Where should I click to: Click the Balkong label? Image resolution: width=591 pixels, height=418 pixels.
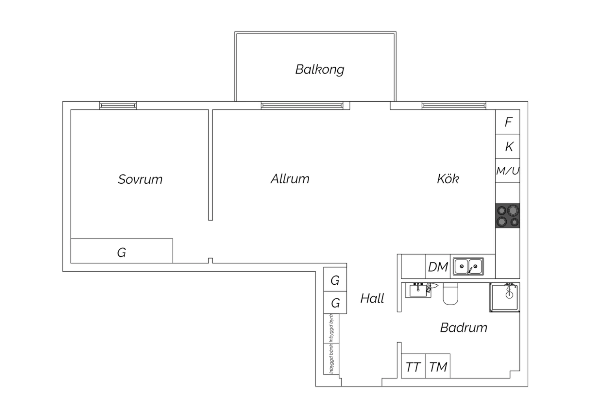pyautogui.click(x=320, y=69)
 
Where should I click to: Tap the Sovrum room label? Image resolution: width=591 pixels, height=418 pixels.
pyautogui.click(x=140, y=179)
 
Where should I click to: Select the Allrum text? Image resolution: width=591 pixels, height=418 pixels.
pyautogui.click(x=290, y=179)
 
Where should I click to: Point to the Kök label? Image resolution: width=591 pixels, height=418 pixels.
pyautogui.click(x=448, y=179)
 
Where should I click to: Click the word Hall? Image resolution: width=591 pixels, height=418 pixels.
pyautogui.click(x=372, y=299)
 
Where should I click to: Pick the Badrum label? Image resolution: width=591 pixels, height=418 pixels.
pyautogui.click(x=464, y=327)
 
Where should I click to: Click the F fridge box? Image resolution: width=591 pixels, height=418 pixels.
pyautogui.click(x=507, y=122)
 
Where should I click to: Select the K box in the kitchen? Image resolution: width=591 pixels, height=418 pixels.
pyautogui.click(x=507, y=146)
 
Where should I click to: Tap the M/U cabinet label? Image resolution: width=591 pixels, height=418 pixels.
pyautogui.click(x=507, y=171)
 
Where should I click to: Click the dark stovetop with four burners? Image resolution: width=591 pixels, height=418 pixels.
pyautogui.click(x=507, y=216)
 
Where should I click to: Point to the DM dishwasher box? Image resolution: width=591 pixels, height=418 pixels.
pyautogui.click(x=438, y=267)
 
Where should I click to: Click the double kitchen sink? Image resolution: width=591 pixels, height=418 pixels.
pyautogui.click(x=468, y=267)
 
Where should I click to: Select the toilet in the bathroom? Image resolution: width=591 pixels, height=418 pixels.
pyautogui.click(x=450, y=294)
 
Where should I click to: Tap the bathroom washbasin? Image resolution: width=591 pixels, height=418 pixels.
pyautogui.click(x=418, y=290)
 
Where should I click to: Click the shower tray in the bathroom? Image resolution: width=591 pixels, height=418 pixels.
pyautogui.click(x=505, y=298)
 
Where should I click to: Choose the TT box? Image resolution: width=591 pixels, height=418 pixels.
pyautogui.click(x=413, y=366)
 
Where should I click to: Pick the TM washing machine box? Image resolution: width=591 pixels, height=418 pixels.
pyautogui.click(x=438, y=366)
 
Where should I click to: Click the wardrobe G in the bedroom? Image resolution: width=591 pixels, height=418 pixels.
pyautogui.click(x=122, y=251)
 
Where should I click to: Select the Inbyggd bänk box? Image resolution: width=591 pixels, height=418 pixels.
pyautogui.click(x=331, y=359)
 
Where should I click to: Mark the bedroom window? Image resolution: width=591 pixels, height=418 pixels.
pyautogui.click(x=118, y=106)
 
